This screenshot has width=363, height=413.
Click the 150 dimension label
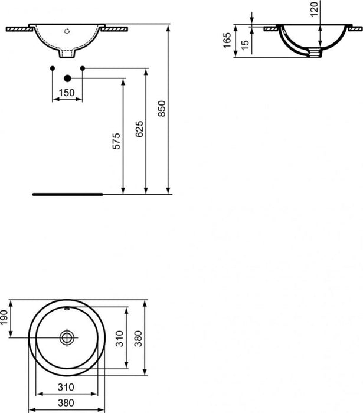(x=67, y=93)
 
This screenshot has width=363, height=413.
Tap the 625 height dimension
(x=140, y=129)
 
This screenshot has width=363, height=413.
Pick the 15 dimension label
(x=245, y=44)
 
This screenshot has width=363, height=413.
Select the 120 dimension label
(x=314, y=8)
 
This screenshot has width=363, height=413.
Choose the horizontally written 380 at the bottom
(x=65, y=405)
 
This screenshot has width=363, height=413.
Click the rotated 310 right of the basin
(x=120, y=339)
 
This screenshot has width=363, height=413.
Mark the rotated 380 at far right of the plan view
(x=139, y=339)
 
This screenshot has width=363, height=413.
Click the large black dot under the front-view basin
(x=67, y=77)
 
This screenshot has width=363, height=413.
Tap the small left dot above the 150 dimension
(x=53, y=68)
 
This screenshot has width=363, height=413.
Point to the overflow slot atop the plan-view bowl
(x=67, y=309)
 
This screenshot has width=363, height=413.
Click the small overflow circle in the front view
(x=67, y=28)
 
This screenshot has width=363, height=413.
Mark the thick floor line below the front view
(x=67, y=193)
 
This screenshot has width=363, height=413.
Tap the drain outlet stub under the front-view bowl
(x=67, y=54)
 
